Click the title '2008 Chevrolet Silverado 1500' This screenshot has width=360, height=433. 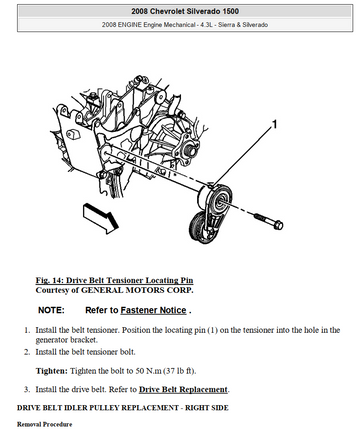coord(185,11)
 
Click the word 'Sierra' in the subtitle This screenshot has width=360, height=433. coord(227,25)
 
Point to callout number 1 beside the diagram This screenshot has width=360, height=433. coord(274,124)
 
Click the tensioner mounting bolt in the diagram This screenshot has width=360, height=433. coord(269,221)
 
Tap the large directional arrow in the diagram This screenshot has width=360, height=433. coord(101,218)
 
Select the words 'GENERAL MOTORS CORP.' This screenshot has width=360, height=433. coord(137,290)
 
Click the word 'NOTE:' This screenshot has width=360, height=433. coord(51,310)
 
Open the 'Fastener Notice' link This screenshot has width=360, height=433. coord(153,310)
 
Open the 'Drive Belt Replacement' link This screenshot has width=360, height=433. coord(183,389)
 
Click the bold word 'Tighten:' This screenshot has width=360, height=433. coord(52,371)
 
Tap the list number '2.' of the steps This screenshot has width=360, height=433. coord(27,352)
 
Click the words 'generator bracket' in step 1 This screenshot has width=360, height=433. coord(66,340)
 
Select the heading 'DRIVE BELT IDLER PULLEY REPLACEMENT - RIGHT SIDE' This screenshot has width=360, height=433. coord(123,408)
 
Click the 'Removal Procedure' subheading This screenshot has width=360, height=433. coord(45,424)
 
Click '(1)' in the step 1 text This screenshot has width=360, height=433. coord(213,330)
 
